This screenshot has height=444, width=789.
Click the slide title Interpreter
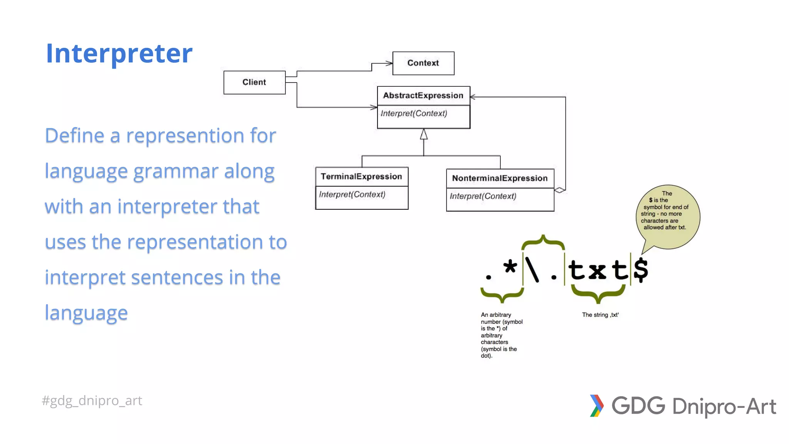coord(119,53)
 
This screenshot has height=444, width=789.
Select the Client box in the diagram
coord(254,82)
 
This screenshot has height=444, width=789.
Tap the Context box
coord(423,63)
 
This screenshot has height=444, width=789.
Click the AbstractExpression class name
coord(423,95)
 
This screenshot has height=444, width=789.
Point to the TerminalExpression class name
coord(361,177)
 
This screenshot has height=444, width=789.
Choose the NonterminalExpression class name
coord(500,178)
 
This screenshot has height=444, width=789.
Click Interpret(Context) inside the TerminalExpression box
coord(352,194)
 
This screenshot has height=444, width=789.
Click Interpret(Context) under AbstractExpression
coord(414,113)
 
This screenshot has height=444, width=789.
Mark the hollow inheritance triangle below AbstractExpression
coord(424,135)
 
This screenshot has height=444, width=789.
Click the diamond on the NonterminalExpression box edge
coord(560,190)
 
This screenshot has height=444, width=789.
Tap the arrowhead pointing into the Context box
coord(389,63)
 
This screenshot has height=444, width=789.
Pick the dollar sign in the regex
coord(641,270)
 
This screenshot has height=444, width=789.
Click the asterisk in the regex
coord(510,266)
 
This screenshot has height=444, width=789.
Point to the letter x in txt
coord(597,271)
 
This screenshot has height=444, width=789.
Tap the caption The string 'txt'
coord(600,315)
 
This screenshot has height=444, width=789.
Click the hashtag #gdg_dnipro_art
coord(92,400)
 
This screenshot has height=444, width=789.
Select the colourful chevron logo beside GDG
coord(596,405)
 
